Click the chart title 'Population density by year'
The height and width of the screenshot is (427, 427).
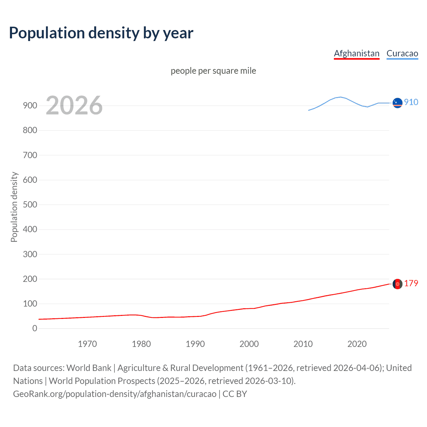tap(101, 33)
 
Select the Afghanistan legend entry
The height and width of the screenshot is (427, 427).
tap(357, 53)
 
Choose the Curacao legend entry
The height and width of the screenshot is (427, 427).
tap(402, 53)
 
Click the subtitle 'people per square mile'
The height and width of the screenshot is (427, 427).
tap(213, 71)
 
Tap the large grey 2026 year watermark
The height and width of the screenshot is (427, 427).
tap(74, 105)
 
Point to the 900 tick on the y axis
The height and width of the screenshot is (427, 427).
tap(30, 105)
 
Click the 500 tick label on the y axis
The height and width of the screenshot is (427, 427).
tap(30, 204)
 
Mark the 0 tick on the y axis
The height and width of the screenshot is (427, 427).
tap(35, 328)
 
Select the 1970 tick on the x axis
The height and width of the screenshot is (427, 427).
tap(87, 344)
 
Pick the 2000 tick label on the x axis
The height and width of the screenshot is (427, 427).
tap(249, 344)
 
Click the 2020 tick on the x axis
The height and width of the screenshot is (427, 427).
tap(357, 344)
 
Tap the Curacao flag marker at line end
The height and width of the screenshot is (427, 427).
tap(397, 103)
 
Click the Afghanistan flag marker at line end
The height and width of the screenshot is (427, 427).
tap(397, 284)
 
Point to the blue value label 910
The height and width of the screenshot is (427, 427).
tap(411, 102)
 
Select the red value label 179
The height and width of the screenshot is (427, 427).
tap(411, 283)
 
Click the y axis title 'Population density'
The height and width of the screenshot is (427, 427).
tap(14, 207)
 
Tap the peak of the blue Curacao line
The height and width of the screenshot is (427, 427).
tap(340, 97)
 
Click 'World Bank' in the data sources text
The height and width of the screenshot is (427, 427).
tap(89, 368)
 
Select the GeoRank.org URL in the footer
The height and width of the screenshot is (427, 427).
tap(115, 394)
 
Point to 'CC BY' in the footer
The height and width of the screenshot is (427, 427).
tap(235, 394)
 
